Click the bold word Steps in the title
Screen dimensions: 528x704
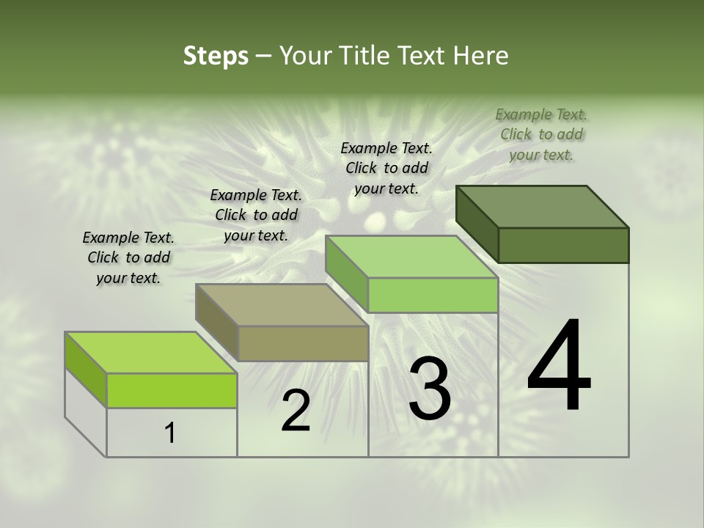click(x=216, y=56)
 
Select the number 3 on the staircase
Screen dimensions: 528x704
click(x=430, y=389)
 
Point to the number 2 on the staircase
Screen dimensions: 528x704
click(x=296, y=411)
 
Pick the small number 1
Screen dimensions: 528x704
click(x=170, y=433)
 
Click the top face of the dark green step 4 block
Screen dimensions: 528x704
click(x=543, y=207)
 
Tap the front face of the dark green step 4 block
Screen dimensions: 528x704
click(x=563, y=245)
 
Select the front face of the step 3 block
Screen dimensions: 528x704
click(x=433, y=295)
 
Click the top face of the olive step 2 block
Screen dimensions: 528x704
click(x=282, y=305)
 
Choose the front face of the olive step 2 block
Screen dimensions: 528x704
click(x=303, y=343)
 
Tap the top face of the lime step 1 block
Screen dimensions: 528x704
click(x=151, y=353)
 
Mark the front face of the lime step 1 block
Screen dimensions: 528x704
click(x=172, y=390)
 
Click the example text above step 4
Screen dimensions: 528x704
click(x=541, y=134)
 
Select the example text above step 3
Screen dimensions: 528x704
click(x=386, y=168)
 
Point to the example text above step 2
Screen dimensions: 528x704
click(x=256, y=215)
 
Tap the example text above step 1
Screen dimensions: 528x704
click(x=128, y=257)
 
